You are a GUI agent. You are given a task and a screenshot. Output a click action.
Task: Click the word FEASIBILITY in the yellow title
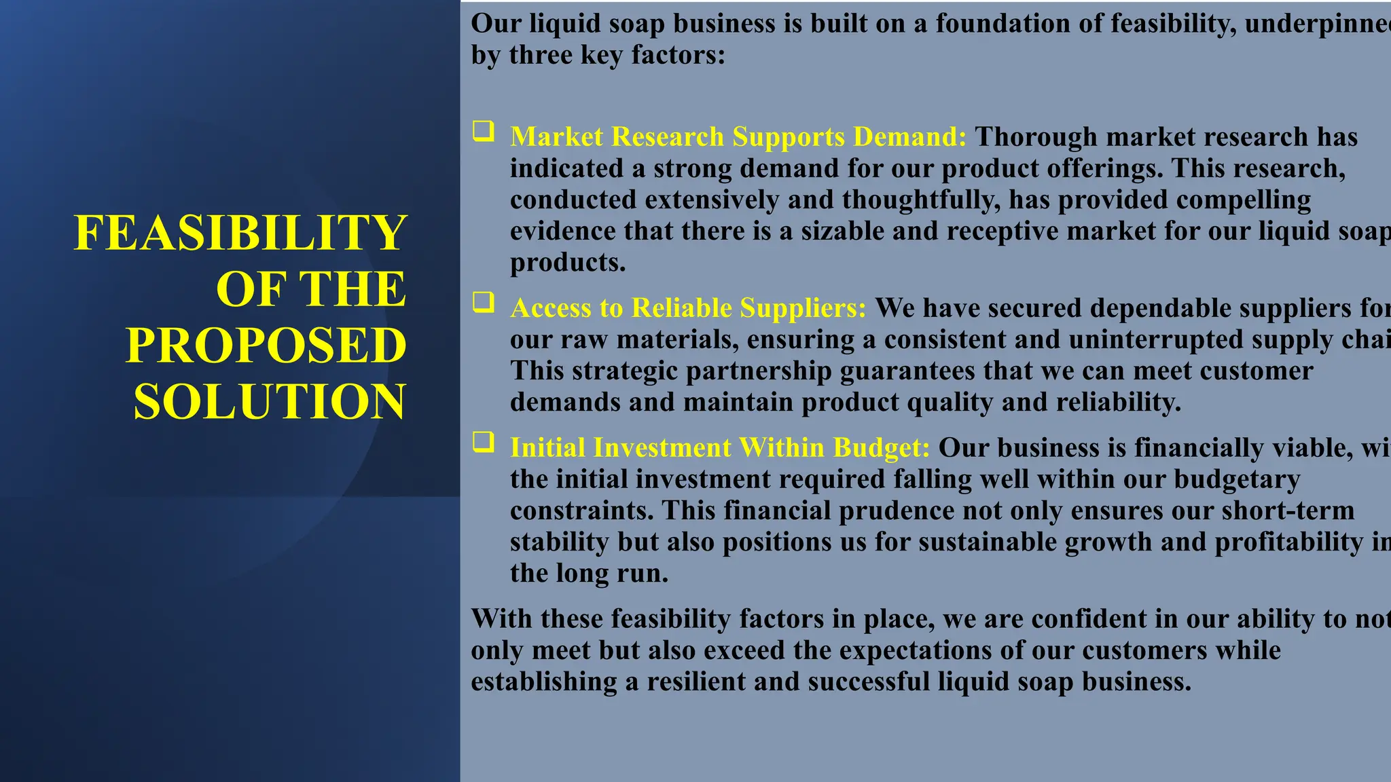(x=240, y=233)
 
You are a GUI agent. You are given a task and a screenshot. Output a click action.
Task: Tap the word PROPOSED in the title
(x=266, y=345)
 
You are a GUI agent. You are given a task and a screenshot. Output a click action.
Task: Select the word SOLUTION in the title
(x=269, y=401)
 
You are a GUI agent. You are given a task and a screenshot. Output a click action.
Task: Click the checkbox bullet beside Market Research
(x=484, y=131)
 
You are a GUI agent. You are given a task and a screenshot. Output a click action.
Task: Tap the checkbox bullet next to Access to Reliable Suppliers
(x=484, y=302)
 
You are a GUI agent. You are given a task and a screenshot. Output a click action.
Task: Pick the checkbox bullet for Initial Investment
(x=484, y=442)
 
